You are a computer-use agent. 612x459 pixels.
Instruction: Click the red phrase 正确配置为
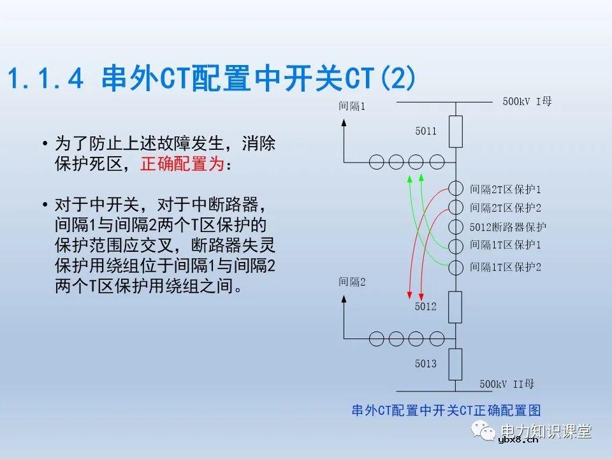pyautogui.click(x=182, y=164)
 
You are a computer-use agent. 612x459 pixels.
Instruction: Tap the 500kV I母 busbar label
pyautogui.click(x=527, y=101)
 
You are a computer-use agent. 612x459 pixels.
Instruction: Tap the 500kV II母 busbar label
pyautogui.click(x=507, y=384)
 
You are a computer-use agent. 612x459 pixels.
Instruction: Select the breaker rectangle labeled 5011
pyautogui.click(x=455, y=131)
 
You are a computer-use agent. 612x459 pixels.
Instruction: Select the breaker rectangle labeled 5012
pyautogui.click(x=455, y=307)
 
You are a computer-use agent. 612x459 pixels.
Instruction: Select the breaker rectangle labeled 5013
pyautogui.click(x=455, y=364)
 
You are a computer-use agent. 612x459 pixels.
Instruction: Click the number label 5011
pyautogui.click(x=425, y=131)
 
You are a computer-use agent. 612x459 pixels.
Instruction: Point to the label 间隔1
pyautogui.click(x=352, y=106)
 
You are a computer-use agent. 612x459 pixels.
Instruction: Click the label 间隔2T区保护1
pyautogui.click(x=505, y=189)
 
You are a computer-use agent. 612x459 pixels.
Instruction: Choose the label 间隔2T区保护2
pyautogui.click(x=505, y=208)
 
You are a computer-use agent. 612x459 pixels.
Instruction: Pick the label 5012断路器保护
pyautogui.click(x=507, y=227)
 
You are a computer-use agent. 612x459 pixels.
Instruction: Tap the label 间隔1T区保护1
pyautogui.click(x=505, y=245)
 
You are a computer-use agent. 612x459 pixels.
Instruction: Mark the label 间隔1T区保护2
pyautogui.click(x=505, y=266)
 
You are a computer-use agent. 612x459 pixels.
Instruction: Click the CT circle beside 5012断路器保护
pyautogui.click(x=455, y=226)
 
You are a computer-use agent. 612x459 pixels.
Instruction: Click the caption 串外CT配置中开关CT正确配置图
pyautogui.click(x=446, y=411)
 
